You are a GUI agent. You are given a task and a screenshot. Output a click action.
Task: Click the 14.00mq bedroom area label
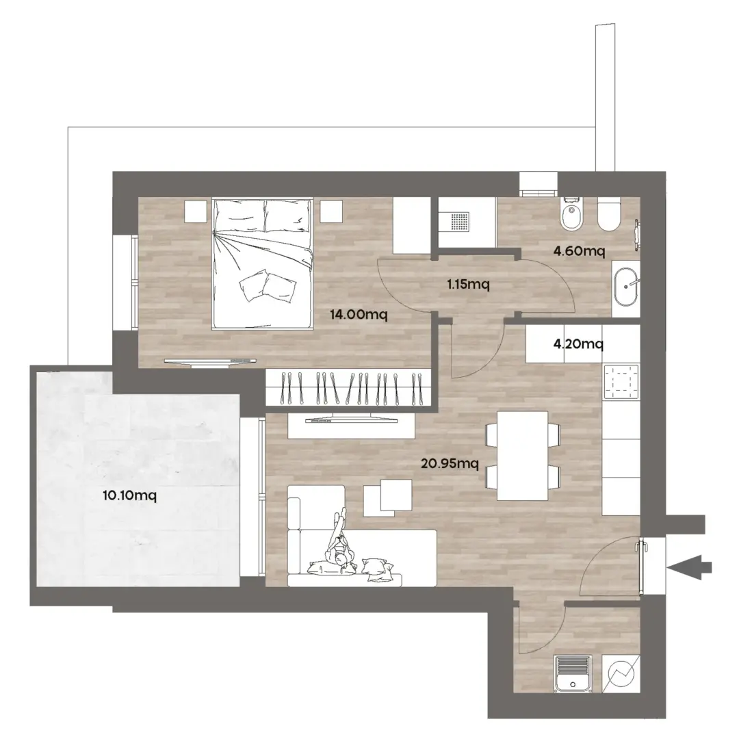coord(358,314)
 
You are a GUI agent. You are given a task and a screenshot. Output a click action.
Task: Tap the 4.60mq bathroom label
coord(579,250)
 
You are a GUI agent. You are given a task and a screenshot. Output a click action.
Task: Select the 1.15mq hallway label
coord(468,284)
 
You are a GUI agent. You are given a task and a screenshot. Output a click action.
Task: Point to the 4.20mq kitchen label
coord(578,344)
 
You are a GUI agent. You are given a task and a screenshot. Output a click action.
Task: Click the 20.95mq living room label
coord(450,464)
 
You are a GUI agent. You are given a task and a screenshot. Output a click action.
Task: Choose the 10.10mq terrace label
coord(129,495)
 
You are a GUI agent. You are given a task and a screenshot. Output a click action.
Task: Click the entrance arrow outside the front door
coord(690,567)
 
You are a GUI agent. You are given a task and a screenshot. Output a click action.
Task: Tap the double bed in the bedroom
coord(263,263)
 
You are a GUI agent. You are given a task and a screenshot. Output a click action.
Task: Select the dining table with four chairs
coord(523,455)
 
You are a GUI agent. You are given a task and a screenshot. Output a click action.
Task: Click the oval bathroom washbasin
coord(625,287)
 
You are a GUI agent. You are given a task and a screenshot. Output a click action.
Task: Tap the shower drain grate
coord(460,222)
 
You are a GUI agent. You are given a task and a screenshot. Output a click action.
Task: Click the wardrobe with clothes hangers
coord(348,387)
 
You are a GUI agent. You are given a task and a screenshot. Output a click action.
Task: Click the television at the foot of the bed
coord(210,361)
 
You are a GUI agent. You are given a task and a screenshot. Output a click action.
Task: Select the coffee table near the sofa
coord(387,497)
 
